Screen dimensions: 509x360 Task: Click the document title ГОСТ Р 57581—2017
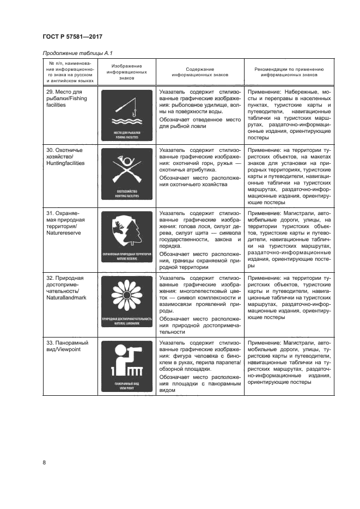[72, 37]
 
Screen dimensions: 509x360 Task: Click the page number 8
[44, 463]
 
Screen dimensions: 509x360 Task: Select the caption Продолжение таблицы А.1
[74, 52]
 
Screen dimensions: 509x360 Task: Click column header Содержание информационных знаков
[200, 73]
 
